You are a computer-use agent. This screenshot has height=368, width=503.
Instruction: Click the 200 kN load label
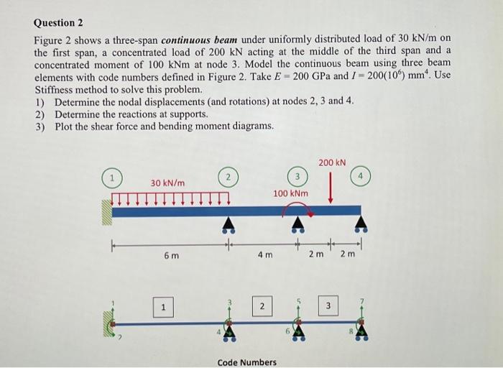[x=332, y=163]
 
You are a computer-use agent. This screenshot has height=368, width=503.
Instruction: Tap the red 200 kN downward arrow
[x=331, y=188]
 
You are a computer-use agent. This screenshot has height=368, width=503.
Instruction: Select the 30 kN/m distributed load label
[x=167, y=183]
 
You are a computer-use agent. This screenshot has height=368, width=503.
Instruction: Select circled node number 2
[x=228, y=177]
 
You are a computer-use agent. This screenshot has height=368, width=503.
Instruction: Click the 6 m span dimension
[x=171, y=256]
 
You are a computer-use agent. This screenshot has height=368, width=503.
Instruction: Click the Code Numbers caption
[x=246, y=362]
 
